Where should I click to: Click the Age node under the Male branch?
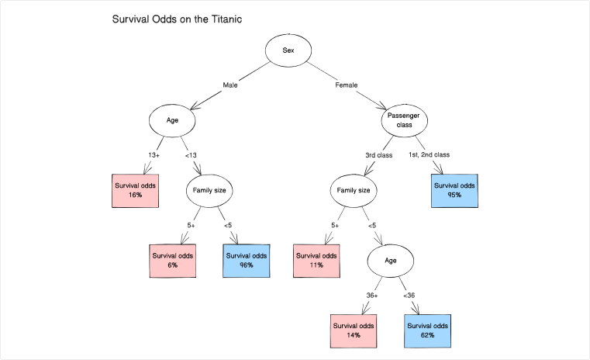pyautogui.click(x=172, y=120)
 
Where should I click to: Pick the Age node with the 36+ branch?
pyautogui.click(x=391, y=260)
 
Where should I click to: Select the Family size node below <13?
pyautogui.click(x=209, y=190)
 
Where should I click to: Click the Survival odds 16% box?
pyautogui.click(x=136, y=191)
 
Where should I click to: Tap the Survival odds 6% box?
pyautogui.click(x=172, y=260)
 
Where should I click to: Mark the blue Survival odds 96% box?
pyautogui.click(x=247, y=260)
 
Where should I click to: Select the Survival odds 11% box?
pyautogui.click(x=316, y=260)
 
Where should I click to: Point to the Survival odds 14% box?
pyautogui.click(x=354, y=330)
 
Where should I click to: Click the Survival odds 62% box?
pyautogui.click(x=427, y=330)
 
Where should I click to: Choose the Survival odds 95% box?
pyautogui.click(x=454, y=191)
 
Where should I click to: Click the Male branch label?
pyautogui.click(x=230, y=85)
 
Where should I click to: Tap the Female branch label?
pyautogui.click(x=346, y=85)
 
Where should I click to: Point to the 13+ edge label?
pyautogui.click(x=154, y=155)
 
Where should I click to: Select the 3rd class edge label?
pyautogui.click(x=379, y=155)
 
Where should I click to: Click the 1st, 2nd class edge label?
pyautogui.click(x=429, y=155)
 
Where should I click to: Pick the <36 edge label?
pyautogui.click(x=409, y=295)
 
